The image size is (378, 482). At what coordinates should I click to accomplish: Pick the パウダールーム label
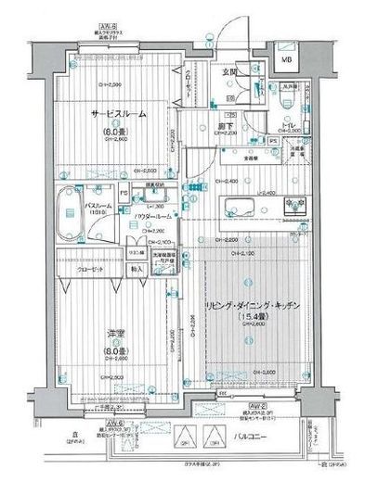(153, 216)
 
